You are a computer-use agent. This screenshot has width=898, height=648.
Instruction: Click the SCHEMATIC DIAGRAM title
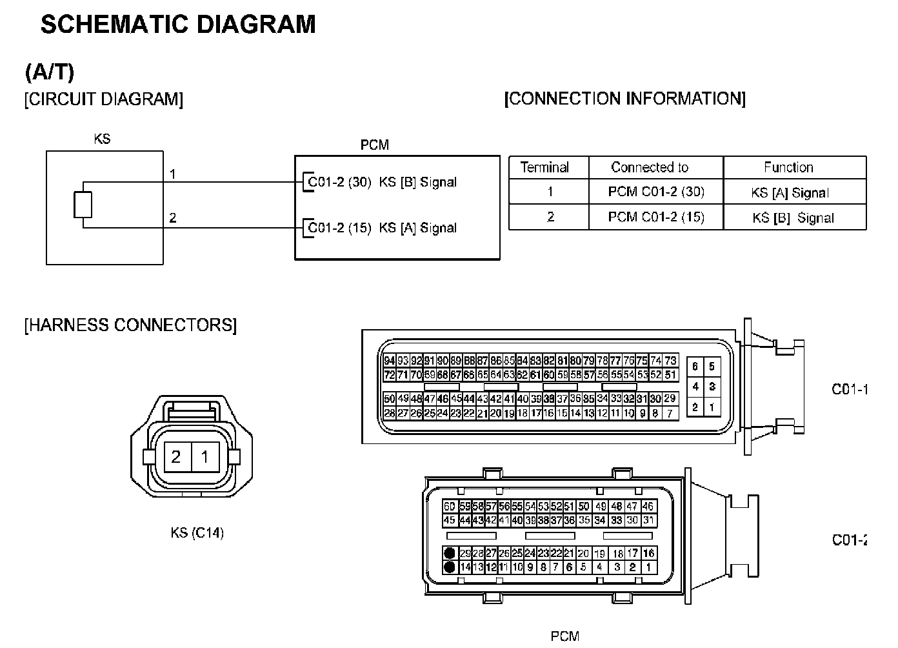coord(178,24)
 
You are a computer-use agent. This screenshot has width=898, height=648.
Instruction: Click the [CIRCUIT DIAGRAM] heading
coord(104,99)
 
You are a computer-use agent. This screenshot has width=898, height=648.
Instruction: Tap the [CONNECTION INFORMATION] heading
coord(624,98)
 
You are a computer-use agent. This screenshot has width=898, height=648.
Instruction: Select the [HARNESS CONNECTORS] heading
coord(130,324)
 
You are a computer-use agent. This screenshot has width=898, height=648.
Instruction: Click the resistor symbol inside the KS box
coord(83,205)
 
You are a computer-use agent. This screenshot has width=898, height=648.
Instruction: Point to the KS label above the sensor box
coord(102,138)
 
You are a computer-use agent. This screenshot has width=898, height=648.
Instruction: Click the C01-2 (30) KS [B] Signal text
coord(382,182)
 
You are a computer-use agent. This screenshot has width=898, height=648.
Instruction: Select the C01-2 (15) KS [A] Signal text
coord(382,227)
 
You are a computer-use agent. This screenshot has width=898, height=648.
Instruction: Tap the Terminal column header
coord(544,168)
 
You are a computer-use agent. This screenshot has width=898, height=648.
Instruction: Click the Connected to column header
coord(650,168)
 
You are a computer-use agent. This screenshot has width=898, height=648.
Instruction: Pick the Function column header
coord(788,168)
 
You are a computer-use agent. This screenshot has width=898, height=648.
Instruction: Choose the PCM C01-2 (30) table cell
coord(656,192)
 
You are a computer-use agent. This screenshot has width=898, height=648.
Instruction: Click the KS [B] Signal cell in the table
coord(793,218)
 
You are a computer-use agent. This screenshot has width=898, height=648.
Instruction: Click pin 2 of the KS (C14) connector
coord(176,457)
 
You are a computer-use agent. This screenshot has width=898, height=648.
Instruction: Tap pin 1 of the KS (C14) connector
coord(205,457)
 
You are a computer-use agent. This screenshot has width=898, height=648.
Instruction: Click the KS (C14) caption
coord(197,533)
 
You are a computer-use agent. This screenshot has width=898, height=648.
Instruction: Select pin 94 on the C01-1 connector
coord(389,361)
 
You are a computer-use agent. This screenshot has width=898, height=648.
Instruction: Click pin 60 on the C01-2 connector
coord(450,507)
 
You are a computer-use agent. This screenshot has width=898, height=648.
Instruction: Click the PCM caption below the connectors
coord(564,636)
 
